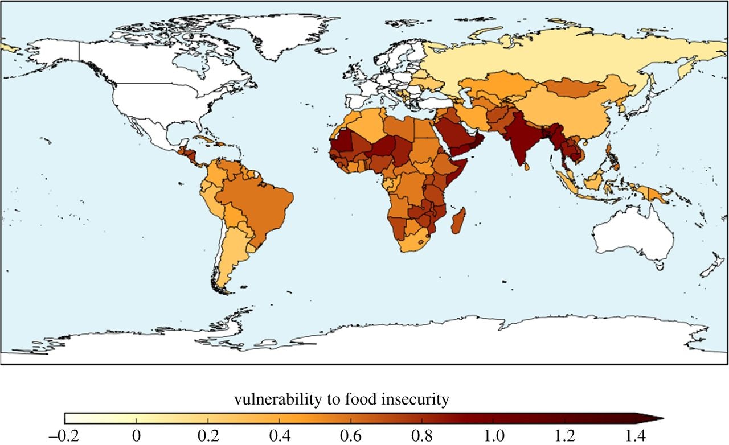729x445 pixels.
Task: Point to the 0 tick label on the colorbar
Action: [x=136, y=437]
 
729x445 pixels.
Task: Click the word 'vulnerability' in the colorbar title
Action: [x=268, y=400]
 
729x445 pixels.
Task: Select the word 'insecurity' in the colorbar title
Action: [x=421, y=400]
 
